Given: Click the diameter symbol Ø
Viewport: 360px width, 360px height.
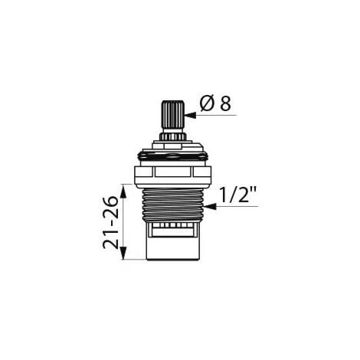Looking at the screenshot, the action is (207, 104).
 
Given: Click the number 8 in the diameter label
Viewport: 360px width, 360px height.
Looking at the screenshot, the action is (225, 104).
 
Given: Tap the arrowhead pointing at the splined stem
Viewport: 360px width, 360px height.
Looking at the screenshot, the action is (190, 115).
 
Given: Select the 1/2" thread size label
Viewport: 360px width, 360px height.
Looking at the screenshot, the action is (238, 194).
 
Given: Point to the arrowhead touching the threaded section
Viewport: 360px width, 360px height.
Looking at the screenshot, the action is (210, 206).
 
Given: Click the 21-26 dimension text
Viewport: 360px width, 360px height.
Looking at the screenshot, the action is (111, 222).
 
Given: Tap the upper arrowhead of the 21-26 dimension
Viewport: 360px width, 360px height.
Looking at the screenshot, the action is (123, 191).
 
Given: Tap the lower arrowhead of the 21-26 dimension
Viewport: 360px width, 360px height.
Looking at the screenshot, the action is (123, 254).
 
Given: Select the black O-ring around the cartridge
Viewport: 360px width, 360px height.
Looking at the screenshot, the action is (173, 155).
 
